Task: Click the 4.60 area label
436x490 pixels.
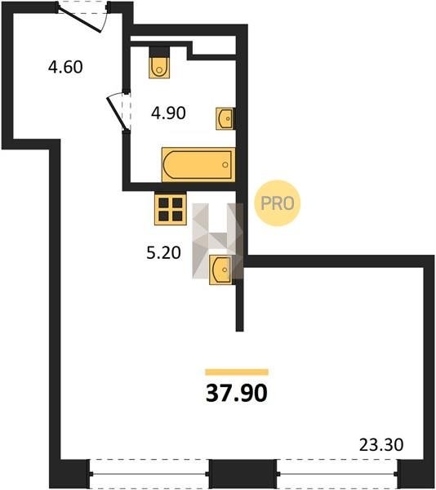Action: (x=65, y=67)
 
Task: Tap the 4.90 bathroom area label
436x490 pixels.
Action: (x=168, y=113)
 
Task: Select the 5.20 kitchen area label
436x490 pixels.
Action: (x=163, y=252)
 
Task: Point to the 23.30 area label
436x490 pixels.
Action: (x=381, y=445)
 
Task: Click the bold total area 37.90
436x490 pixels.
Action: (x=237, y=393)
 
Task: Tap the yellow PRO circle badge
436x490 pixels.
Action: (x=278, y=203)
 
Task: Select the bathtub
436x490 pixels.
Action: (x=198, y=164)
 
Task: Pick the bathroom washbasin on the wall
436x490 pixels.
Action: (x=225, y=118)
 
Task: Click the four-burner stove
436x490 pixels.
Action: (x=171, y=208)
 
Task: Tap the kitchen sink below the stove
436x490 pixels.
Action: (x=221, y=269)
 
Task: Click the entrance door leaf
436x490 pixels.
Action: (x=81, y=20)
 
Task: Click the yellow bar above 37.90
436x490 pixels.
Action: (x=237, y=372)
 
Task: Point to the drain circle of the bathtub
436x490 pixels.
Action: (x=225, y=165)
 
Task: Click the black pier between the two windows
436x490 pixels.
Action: (x=242, y=474)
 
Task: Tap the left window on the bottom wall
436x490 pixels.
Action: (x=149, y=474)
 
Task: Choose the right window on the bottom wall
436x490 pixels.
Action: (x=337, y=474)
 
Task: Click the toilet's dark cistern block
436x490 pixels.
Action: (x=159, y=52)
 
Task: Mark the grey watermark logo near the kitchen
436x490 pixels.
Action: (x=218, y=241)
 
